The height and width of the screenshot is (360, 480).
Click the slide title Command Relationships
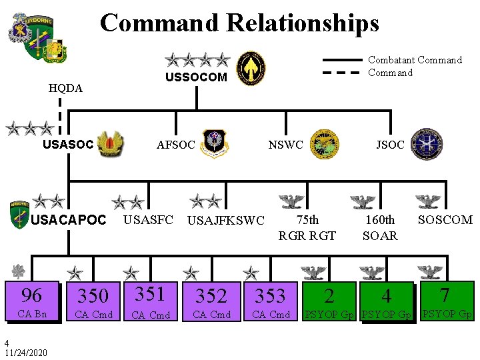pos(239,23)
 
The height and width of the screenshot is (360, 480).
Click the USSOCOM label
pos(196,77)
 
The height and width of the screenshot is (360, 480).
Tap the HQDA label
pos(66,88)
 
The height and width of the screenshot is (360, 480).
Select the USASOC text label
pos(67,144)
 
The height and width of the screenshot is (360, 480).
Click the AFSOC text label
pos(176,145)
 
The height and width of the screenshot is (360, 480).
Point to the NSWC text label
pos(285,145)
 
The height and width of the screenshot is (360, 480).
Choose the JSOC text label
pos(390,145)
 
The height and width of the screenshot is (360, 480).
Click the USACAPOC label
pos(69,220)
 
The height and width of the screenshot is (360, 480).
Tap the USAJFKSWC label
pos(226,221)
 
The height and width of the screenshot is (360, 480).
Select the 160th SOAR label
pos(380,227)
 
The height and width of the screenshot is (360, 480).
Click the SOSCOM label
pos(445,219)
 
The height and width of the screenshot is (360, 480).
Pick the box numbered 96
pos(32,302)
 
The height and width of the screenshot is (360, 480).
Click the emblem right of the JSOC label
pos(426,145)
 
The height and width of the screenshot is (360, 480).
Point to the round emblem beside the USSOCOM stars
pos(251,67)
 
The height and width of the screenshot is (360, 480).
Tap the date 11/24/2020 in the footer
pos(25,352)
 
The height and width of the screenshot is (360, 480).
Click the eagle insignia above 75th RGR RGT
pos(291,201)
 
